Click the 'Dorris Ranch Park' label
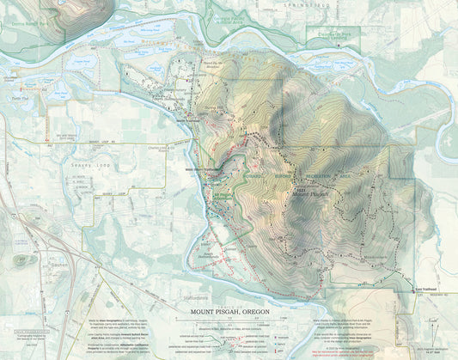(21, 24)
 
